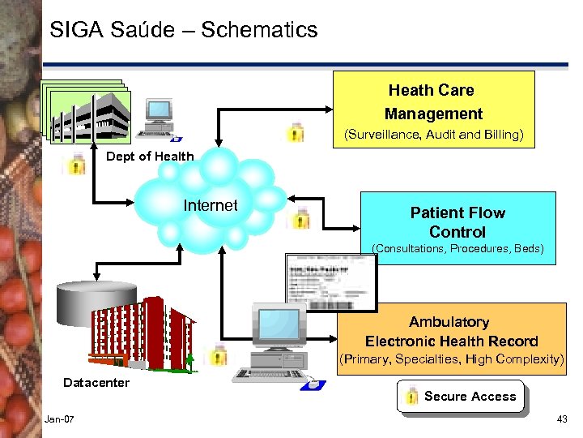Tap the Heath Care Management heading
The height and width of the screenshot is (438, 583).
coord(433,102)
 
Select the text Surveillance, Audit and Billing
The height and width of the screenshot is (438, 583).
coord(433,135)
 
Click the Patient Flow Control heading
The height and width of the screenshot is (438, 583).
coord(457,222)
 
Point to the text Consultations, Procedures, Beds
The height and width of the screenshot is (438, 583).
coord(457,248)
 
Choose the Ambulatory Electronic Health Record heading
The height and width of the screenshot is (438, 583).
coord(451,332)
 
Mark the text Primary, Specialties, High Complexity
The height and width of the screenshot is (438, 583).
coord(451,359)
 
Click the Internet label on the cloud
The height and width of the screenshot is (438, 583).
coord(211,205)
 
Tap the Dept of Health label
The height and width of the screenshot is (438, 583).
coord(150,157)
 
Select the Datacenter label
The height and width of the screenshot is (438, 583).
coord(96,382)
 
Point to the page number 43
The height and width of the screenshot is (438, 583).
coord(562,419)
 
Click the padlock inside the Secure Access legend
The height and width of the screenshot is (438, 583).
coord(411,397)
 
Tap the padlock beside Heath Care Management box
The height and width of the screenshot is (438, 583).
coord(297,131)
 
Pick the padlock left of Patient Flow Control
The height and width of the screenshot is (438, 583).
coord(302,217)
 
